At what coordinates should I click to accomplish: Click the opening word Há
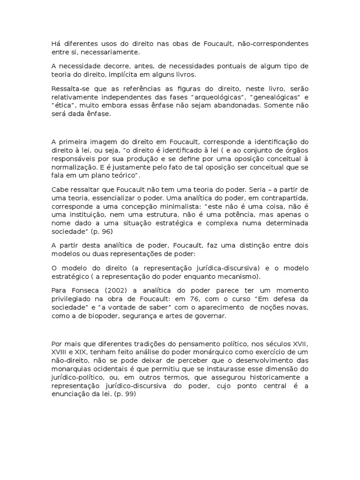(56, 44)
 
